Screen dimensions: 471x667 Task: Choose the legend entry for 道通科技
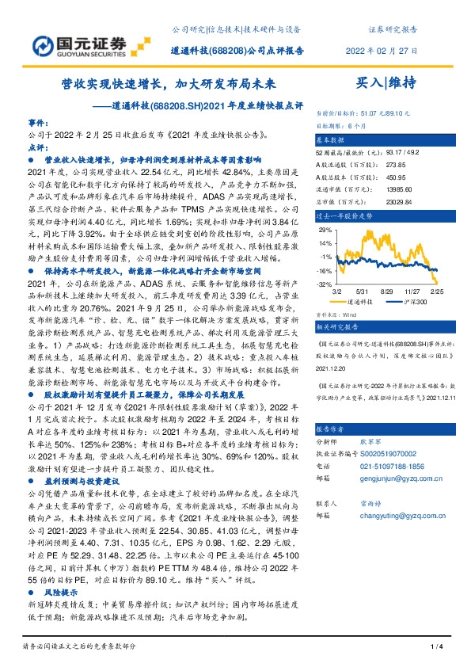[365, 302]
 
